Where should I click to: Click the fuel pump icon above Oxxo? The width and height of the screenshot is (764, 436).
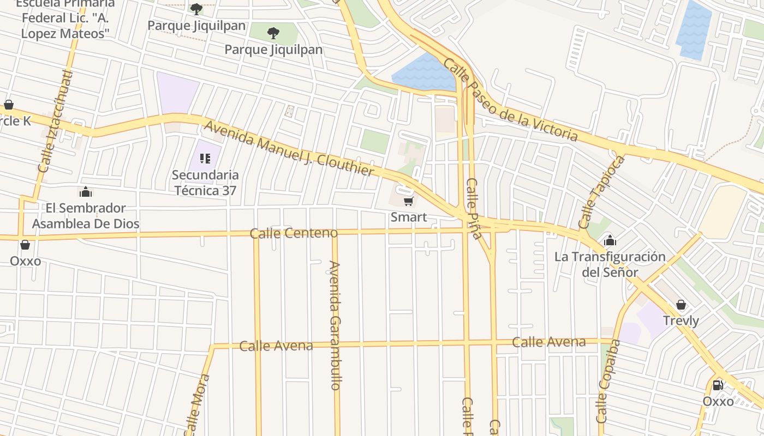[718, 385]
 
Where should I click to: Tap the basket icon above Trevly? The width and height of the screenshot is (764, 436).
[681, 305]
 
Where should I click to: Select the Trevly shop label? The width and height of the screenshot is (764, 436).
[681, 320]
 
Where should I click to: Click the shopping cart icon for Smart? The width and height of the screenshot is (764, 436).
[408, 202]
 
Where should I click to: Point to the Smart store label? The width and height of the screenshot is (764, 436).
[408, 217]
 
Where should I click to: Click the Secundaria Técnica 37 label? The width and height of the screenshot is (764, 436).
[205, 183]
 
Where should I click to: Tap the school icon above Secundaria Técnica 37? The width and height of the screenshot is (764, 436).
[205, 159]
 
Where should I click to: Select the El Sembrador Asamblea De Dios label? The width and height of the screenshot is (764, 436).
[86, 216]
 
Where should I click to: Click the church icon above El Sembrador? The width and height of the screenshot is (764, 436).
[86, 192]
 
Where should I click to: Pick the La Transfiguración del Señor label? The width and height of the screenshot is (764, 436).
[610, 264]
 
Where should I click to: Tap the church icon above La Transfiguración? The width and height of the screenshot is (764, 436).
[610, 240]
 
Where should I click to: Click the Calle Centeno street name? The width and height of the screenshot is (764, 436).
[294, 233]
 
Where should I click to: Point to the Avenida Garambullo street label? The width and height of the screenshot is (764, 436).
[335, 325]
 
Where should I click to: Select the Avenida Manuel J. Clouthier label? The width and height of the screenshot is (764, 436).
[289, 149]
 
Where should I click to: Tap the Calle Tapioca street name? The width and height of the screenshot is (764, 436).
[601, 192]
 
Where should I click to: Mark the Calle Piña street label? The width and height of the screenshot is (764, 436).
[473, 209]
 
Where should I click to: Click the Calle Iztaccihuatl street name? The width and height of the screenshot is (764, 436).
[55, 121]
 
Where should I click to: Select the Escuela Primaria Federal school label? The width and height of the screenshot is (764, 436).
[65, 19]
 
